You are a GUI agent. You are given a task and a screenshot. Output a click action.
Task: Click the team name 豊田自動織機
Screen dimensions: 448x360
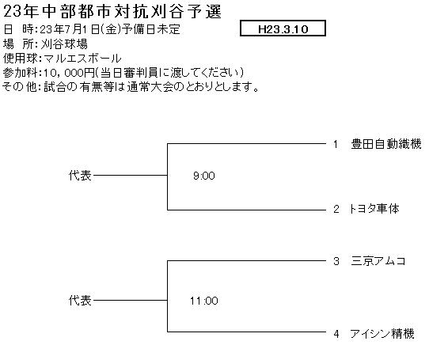pyautogui.click(x=386, y=144)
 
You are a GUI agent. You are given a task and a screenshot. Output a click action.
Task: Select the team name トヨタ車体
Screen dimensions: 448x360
pyautogui.click(x=374, y=209)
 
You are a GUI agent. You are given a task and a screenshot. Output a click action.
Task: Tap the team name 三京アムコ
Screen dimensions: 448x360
pyautogui.click(x=378, y=261)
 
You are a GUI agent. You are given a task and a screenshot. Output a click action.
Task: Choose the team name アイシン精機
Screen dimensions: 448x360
pyautogui.click(x=382, y=333)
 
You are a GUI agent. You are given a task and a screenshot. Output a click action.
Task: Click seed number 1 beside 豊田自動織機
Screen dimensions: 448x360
pyautogui.click(x=336, y=144)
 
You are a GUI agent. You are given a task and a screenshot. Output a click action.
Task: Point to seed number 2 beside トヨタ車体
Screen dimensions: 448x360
pyautogui.click(x=336, y=209)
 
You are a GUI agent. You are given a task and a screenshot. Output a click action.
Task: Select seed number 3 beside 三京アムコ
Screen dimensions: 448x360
pyautogui.click(x=336, y=261)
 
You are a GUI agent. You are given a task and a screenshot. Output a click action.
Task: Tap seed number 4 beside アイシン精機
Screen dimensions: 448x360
pyautogui.click(x=336, y=334)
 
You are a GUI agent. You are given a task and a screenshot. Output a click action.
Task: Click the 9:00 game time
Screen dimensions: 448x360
pyautogui.click(x=204, y=176)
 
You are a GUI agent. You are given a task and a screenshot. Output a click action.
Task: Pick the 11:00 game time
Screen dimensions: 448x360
pyautogui.click(x=204, y=301)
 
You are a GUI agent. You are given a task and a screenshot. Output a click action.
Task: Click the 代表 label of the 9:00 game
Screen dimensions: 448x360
pyautogui.click(x=80, y=176)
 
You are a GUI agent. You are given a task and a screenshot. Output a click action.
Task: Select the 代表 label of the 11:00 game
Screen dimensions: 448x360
pyautogui.click(x=80, y=301)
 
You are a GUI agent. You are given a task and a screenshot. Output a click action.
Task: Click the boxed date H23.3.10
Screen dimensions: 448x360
pyautogui.click(x=283, y=28)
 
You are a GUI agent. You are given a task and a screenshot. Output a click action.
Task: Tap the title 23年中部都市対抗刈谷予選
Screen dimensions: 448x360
pyautogui.click(x=112, y=12)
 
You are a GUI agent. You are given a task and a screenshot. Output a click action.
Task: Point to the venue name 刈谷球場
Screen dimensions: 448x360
pyautogui.click(x=64, y=44)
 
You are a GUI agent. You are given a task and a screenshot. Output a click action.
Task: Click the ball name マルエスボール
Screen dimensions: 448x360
pyautogui.click(x=82, y=59)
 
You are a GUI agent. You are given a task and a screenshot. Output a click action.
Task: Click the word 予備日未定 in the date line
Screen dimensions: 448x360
pyautogui.click(x=151, y=29)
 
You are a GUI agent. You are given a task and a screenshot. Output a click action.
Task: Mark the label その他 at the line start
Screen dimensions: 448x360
pyautogui.click(x=20, y=86)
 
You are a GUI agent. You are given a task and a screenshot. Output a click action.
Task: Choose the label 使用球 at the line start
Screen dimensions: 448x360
pyautogui.click(x=20, y=59)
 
